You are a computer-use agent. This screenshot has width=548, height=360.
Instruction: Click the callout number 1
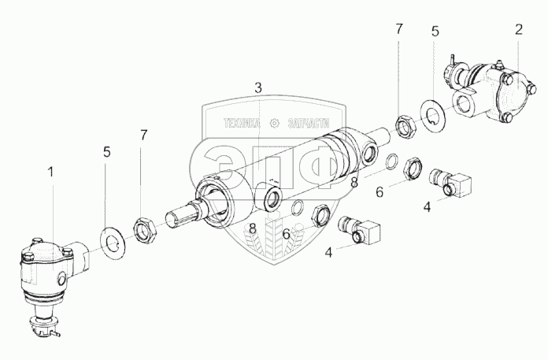51,171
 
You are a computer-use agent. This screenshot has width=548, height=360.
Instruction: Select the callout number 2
518,31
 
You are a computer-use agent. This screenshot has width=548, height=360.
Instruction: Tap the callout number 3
257,86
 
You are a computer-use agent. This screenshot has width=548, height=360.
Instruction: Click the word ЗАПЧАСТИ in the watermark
309,123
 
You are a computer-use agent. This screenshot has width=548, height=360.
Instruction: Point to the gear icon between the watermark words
276,123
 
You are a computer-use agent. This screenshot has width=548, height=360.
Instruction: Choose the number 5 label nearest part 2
434,32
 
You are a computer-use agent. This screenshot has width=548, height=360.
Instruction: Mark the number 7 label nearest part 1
143,136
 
